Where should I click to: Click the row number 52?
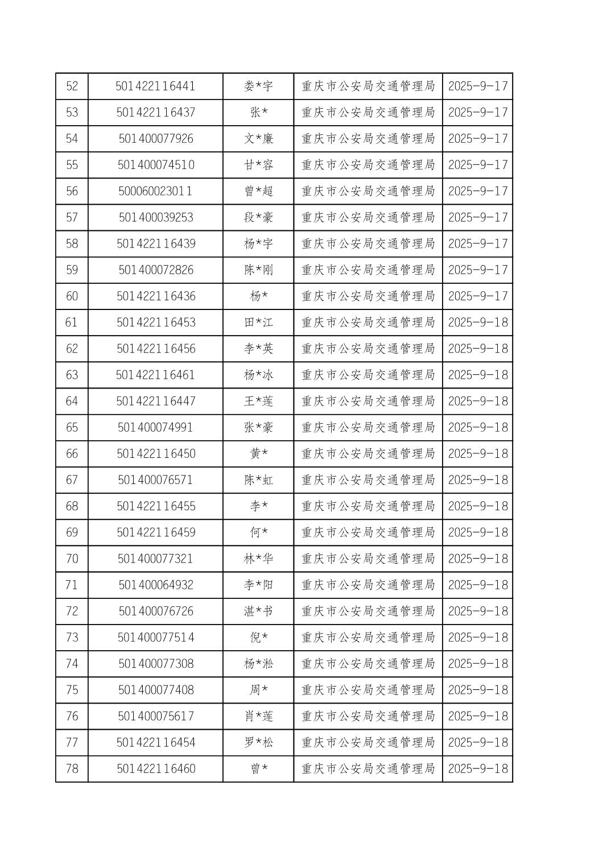coord(72,86)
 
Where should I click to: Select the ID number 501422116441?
coord(155,86)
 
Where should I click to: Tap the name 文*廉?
coord(258,139)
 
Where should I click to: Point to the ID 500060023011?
coord(155,191)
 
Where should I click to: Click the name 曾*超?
coord(258,191)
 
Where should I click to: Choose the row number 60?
coord(72,296)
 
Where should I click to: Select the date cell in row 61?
coord(477,323)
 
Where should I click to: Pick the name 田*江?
coord(258,323)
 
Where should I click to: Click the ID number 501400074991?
coord(155,427)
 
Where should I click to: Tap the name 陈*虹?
coord(258,480)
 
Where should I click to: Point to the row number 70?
coord(72,559)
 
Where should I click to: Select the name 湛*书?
coord(258,611)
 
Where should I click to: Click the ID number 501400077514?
coord(155,638)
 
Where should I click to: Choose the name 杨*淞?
coord(258,664)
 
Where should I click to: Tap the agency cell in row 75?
coord(368,690)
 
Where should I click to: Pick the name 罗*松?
coord(258,742)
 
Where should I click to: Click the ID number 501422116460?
coord(155,769)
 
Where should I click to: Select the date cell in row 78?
coord(477,769)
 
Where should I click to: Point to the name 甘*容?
coord(258,165)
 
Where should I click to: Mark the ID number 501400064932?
coord(155,585)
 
